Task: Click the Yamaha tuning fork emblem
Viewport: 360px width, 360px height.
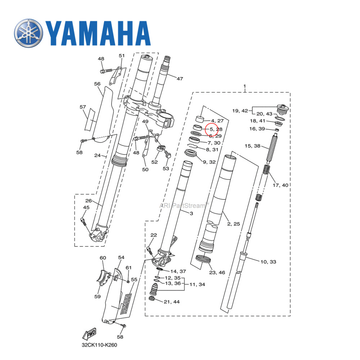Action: pyautogui.click(x=29, y=33)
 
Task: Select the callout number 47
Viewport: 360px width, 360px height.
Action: pyautogui.click(x=180, y=78)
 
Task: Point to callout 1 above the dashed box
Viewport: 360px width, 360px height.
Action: pyautogui.click(x=244, y=87)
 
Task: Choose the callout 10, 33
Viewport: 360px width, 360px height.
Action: pyautogui.click(x=268, y=262)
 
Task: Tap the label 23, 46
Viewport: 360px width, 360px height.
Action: pyautogui.click(x=217, y=273)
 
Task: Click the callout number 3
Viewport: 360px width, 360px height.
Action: pyautogui.click(x=191, y=213)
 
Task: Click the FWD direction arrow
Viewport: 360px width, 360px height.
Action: pyautogui.click(x=89, y=335)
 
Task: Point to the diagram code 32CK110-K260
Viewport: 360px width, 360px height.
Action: pyautogui.click(x=99, y=345)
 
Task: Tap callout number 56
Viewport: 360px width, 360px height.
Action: pyautogui.click(x=97, y=84)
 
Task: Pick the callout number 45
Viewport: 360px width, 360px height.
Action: pyautogui.click(x=86, y=207)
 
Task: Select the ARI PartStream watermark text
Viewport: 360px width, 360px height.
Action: pyautogui.click(x=184, y=206)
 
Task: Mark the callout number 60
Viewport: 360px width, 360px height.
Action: pyautogui.click(x=103, y=258)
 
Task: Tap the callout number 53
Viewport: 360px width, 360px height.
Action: pyautogui.click(x=166, y=168)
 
